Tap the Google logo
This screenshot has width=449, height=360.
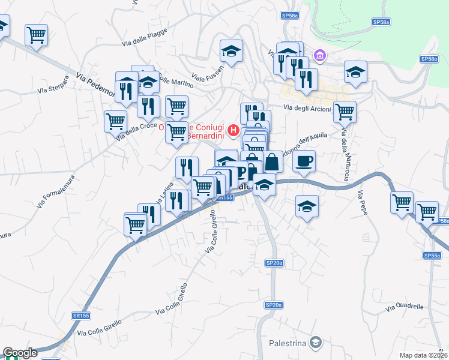point(20,353)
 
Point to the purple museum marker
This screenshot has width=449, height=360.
point(320,56)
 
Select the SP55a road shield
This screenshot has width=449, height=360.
point(432,255)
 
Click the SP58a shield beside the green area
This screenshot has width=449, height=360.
point(381,22)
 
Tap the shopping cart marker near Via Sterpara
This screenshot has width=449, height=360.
point(37,35)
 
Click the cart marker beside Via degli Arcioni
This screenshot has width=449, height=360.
point(345,111)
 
